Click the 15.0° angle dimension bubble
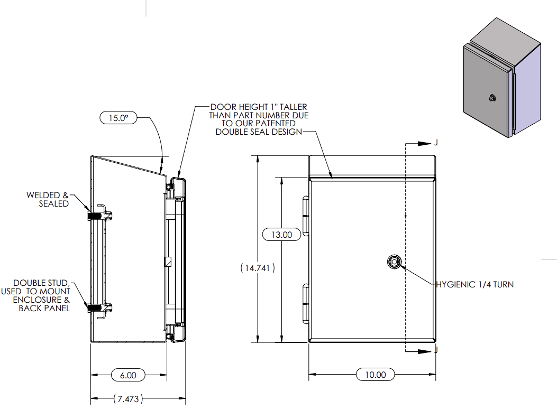click(118, 118)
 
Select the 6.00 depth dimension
click(128, 375)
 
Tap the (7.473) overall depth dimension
click(127, 399)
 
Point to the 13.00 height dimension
click(281, 235)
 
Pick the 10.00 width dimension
click(375, 375)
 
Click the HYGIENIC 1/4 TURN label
click(475, 284)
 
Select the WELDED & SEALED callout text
click(48, 199)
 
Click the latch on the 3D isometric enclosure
click(492, 98)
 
